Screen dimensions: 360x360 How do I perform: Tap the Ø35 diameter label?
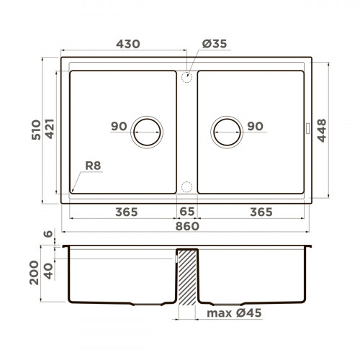click(x=215, y=44)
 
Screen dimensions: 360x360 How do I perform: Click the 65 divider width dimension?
click(x=186, y=212)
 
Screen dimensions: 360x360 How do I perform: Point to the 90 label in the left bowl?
click(x=119, y=127)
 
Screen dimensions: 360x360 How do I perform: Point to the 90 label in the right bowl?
click(x=255, y=127)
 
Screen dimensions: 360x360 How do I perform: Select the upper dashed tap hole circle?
click(x=186, y=76)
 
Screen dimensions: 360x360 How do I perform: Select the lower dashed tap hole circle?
click(x=186, y=186)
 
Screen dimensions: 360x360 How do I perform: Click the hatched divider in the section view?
click(x=186, y=277)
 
